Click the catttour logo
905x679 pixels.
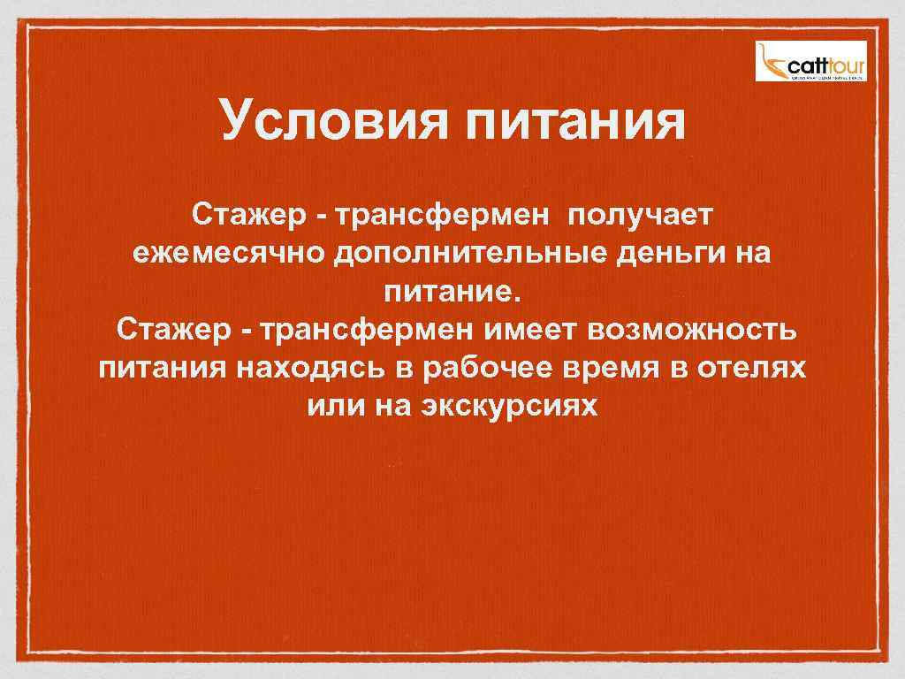click(810, 61)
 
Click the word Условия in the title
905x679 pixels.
click(333, 121)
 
